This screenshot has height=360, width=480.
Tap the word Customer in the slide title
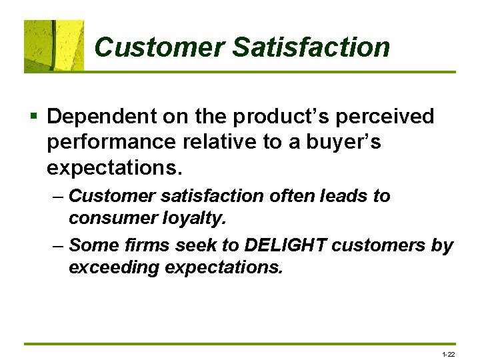click(x=160, y=47)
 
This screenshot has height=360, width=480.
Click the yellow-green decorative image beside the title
click(x=54, y=45)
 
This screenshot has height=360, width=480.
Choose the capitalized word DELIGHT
click(x=285, y=245)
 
